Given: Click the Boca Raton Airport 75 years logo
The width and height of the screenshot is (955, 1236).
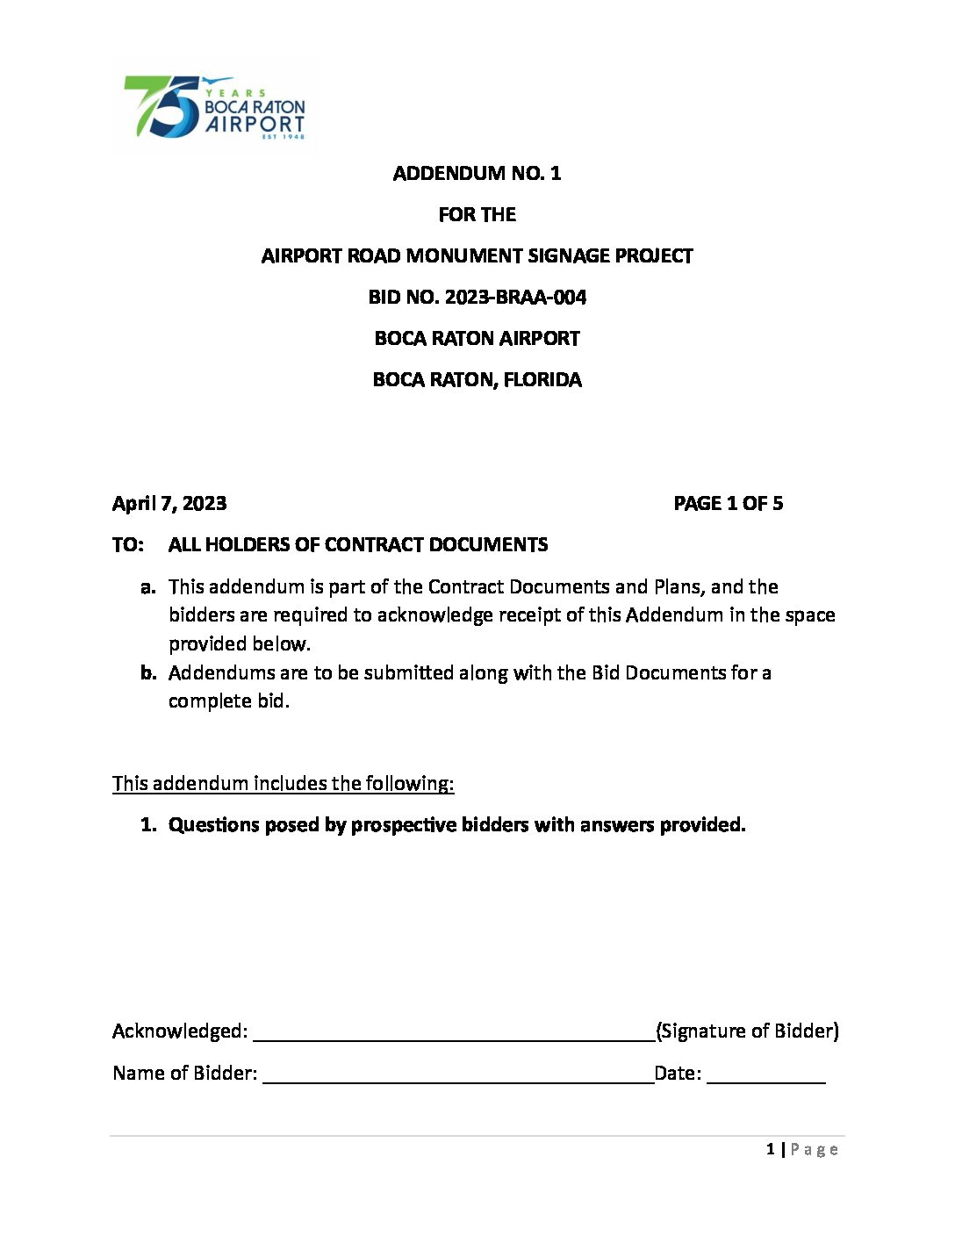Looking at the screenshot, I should pyautogui.click(x=215, y=107).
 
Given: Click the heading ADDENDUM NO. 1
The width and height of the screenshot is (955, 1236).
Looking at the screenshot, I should pyautogui.click(x=477, y=173).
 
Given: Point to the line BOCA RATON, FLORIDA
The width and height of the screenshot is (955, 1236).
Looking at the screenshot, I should pyautogui.click(x=477, y=380).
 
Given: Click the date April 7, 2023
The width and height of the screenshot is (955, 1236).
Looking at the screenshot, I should pyautogui.click(x=169, y=504).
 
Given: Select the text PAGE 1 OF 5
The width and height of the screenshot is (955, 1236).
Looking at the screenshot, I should pyautogui.click(x=728, y=504).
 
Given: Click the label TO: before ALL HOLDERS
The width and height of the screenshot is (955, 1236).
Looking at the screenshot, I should pyautogui.click(x=127, y=545).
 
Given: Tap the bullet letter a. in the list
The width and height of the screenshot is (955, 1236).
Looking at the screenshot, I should pyautogui.click(x=148, y=587).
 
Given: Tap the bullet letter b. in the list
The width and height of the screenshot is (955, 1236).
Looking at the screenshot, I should pyautogui.click(x=148, y=673).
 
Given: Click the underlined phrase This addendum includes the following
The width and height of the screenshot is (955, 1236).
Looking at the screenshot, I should pyautogui.click(x=283, y=784).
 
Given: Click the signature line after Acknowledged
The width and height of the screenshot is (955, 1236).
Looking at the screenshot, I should pyautogui.click(x=454, y=1033).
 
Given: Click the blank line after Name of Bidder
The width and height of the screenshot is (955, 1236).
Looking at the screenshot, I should pyautogui.click(x=457, y=1075).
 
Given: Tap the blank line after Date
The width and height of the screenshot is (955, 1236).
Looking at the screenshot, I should pyautogui.click(x=765, y=1075).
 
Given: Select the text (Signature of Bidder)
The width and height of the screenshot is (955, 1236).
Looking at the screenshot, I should pyautogui.click(x=747, y=1031).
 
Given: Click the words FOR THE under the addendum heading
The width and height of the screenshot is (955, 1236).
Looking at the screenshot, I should pyautogui.click(x=477, y=215).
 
